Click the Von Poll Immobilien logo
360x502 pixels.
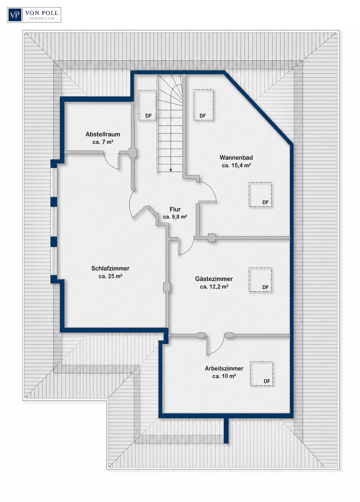[34, 15]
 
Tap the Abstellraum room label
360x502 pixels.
[103, 134]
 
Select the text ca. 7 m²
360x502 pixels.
[103, 142]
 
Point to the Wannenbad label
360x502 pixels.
[236, 158]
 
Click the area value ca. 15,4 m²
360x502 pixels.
[236, 166]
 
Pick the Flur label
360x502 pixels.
[175, 209]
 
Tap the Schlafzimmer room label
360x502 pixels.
[110, 269]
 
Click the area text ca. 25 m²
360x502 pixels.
[110, 276]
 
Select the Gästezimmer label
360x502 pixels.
[214, 279]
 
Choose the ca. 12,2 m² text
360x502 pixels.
[214, 287]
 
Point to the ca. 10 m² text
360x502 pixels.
[224, 376]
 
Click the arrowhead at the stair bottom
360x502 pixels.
[171, 170]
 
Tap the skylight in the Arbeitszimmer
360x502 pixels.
[261, 374]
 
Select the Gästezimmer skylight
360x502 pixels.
[260, 280]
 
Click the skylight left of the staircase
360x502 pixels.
[147, 105]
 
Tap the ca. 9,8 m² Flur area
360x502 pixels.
[175, 217]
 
